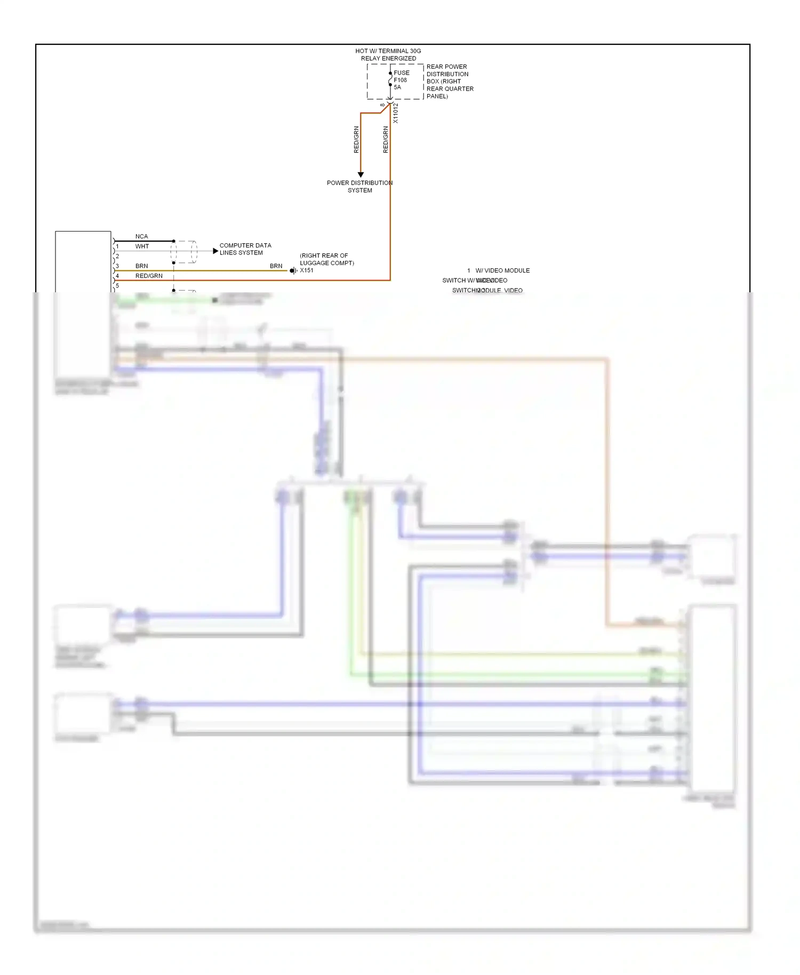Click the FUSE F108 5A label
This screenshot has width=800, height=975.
coord(401,80)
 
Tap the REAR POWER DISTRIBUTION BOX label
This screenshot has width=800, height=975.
coord(449,81)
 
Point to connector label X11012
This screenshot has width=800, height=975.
coord(396,113)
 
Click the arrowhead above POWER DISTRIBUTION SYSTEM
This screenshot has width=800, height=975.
coord(361,174)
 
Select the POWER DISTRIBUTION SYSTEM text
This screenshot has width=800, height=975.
coord(359,186)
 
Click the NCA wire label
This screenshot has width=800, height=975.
coord(141,236)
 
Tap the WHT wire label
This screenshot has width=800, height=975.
coord(142,246)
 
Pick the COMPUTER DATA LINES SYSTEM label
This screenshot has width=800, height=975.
coord(245,249)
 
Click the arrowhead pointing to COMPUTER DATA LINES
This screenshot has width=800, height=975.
coord(215,251)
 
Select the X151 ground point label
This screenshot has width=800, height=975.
coord(307,270)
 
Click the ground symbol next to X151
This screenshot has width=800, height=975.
coord(293,271)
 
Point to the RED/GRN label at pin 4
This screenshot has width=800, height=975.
coord(149,276)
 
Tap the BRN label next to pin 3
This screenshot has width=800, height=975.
coord(141,266)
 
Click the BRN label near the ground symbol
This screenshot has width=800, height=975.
coord(276,266)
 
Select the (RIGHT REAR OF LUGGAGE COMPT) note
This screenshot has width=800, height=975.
coord(326,259)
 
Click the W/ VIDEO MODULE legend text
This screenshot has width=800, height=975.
coord(502,270)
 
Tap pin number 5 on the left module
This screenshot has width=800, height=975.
coord(117,286)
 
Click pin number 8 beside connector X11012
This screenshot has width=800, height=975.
coord(382,105)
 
